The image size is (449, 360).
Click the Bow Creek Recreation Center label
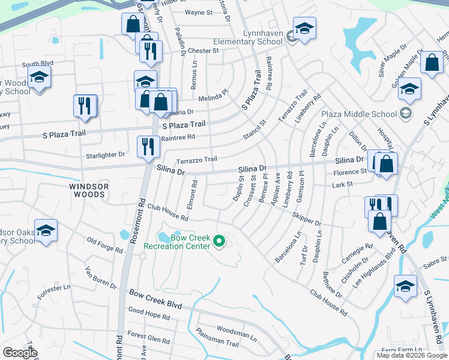pos(177,242)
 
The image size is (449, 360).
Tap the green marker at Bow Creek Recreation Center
pos(219,242)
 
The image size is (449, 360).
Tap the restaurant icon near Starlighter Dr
pos(148,147)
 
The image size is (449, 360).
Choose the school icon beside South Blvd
pos(40,78)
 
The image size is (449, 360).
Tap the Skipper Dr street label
pos(307,219)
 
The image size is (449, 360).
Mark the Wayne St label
pos(199,12)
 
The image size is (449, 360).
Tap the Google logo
pos(20,352)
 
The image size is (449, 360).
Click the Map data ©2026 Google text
pos(412,355)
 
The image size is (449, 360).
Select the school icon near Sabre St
pos(405,286)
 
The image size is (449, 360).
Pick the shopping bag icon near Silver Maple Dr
pos(432,63)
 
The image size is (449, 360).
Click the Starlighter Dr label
pos(104,154)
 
